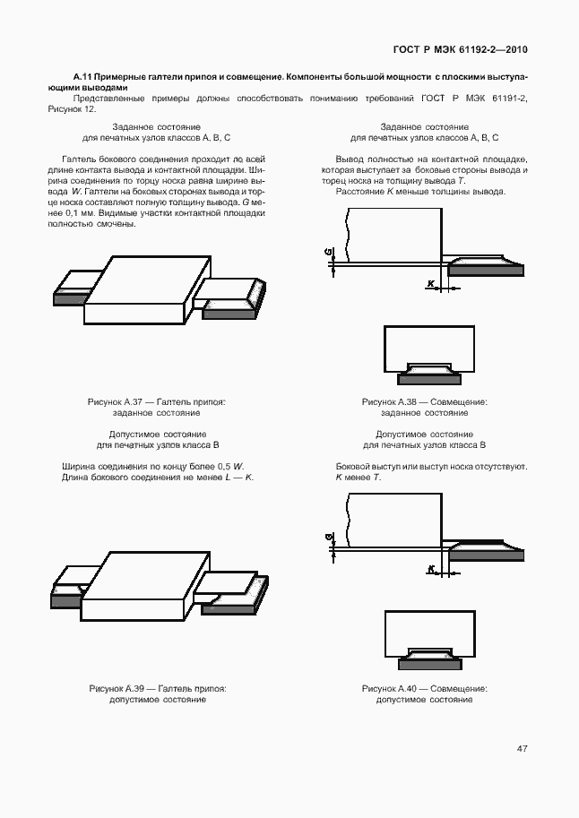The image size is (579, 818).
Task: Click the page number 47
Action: [522, 749]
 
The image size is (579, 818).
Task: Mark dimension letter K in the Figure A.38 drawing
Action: [431, 284]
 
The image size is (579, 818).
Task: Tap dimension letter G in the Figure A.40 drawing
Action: [329, 538]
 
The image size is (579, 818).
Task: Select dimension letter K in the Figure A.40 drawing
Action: [431, 569]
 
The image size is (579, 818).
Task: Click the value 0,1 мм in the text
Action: [76, 214]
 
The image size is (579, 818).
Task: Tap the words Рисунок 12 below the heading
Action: [69, 108]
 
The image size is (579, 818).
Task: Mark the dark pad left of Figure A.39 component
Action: [65, 602]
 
